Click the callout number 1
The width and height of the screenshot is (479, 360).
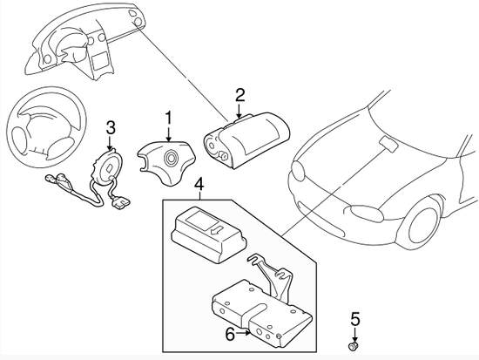click(x=169, y=117)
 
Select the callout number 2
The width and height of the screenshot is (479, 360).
click(x=239, y=94)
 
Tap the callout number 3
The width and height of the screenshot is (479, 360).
click(x=111, y=129)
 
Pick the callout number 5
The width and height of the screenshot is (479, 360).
click(x=354, y=316)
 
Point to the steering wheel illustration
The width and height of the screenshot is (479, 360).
click(x=45, y=133)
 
